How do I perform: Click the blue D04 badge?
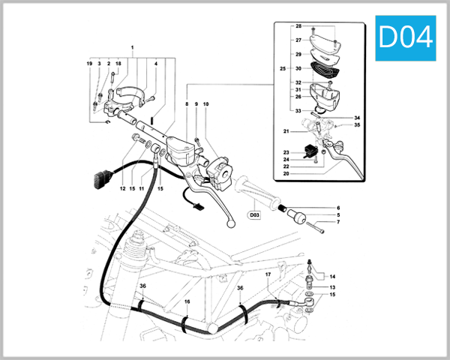click(406, 37)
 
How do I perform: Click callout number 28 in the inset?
click(298, 27)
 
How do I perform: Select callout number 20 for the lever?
click(286, 173)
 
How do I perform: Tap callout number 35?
click(358, 125)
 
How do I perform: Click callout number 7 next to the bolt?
click(337, 223)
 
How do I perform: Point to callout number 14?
click(333, 276)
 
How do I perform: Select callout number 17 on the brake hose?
click(268, 275)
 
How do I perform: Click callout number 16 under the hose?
click(187, 301)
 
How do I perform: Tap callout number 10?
click(205, 103)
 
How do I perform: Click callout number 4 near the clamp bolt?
click(155, 64)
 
